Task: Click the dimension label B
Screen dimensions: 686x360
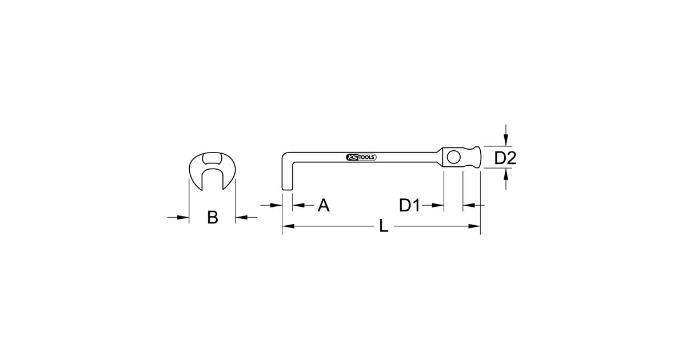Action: point(213,217)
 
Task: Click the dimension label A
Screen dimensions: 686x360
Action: point(324,205)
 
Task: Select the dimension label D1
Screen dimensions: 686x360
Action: point(410,205)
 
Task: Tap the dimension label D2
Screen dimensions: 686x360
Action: point(505,158)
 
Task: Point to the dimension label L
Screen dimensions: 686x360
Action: point(384,226)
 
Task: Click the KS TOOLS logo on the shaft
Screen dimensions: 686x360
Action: point(361,157)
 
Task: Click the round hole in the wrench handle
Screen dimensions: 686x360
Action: point(453,157)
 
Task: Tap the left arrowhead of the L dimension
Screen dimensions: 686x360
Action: point(288,226)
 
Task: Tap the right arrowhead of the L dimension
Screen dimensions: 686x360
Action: point(474,226)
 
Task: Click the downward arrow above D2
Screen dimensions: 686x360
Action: point(506,135)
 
